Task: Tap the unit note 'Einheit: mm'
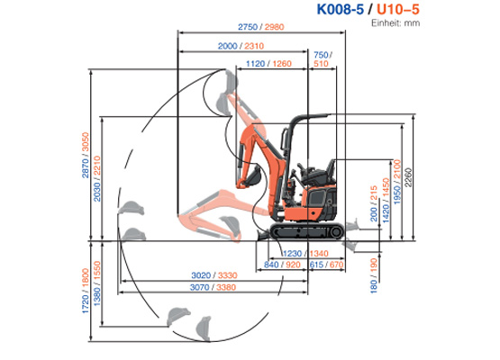pyautogui.click(x=396, y=23)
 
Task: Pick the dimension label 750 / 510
pyautogui.click(x=322, y=59)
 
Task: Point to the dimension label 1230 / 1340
pyautogui.click(x=306, y=254)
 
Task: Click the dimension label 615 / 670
pyautogui.click(x=326, y=265)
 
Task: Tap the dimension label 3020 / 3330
pyautogui.click(x=213, y=275)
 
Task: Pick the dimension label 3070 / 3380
pyautogui.click(x=213, y=288)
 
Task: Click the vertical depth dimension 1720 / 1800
pyautogui.click(x=86, y=292)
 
